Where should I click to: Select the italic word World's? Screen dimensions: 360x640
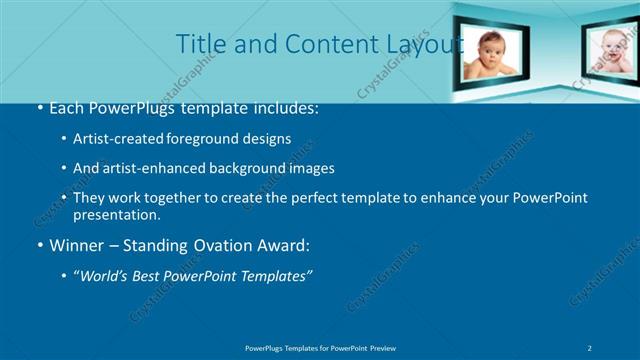click(x=107, y=276)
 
